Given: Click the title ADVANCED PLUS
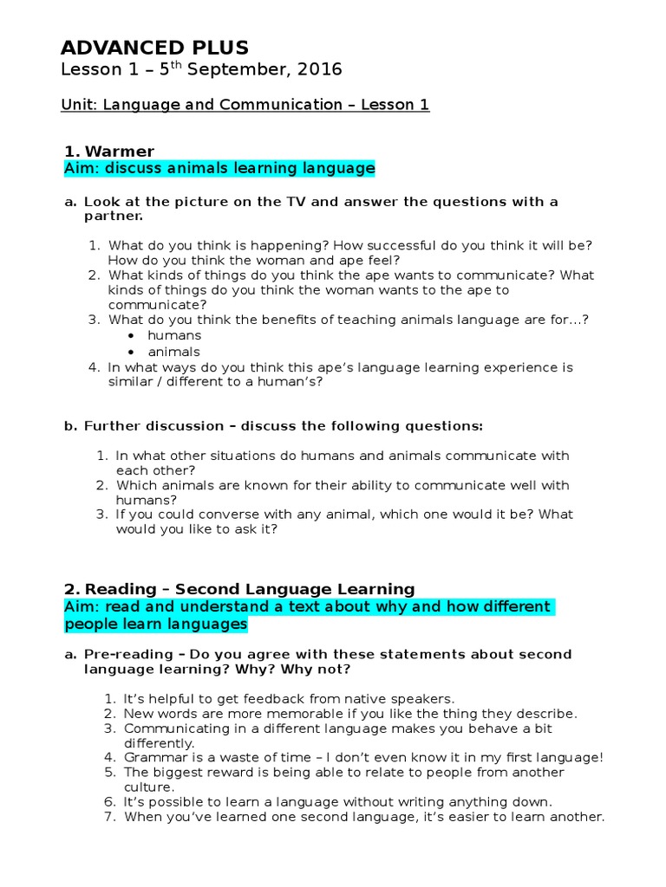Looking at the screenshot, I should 154,47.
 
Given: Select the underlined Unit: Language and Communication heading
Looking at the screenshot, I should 245,105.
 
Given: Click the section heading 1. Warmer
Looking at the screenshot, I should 109,152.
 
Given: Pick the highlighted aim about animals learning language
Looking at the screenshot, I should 219,169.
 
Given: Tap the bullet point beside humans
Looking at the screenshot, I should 130,336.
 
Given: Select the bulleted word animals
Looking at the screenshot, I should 173,352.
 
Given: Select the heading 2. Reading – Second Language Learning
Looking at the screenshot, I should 239,590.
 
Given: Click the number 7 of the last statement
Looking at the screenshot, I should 109,817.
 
